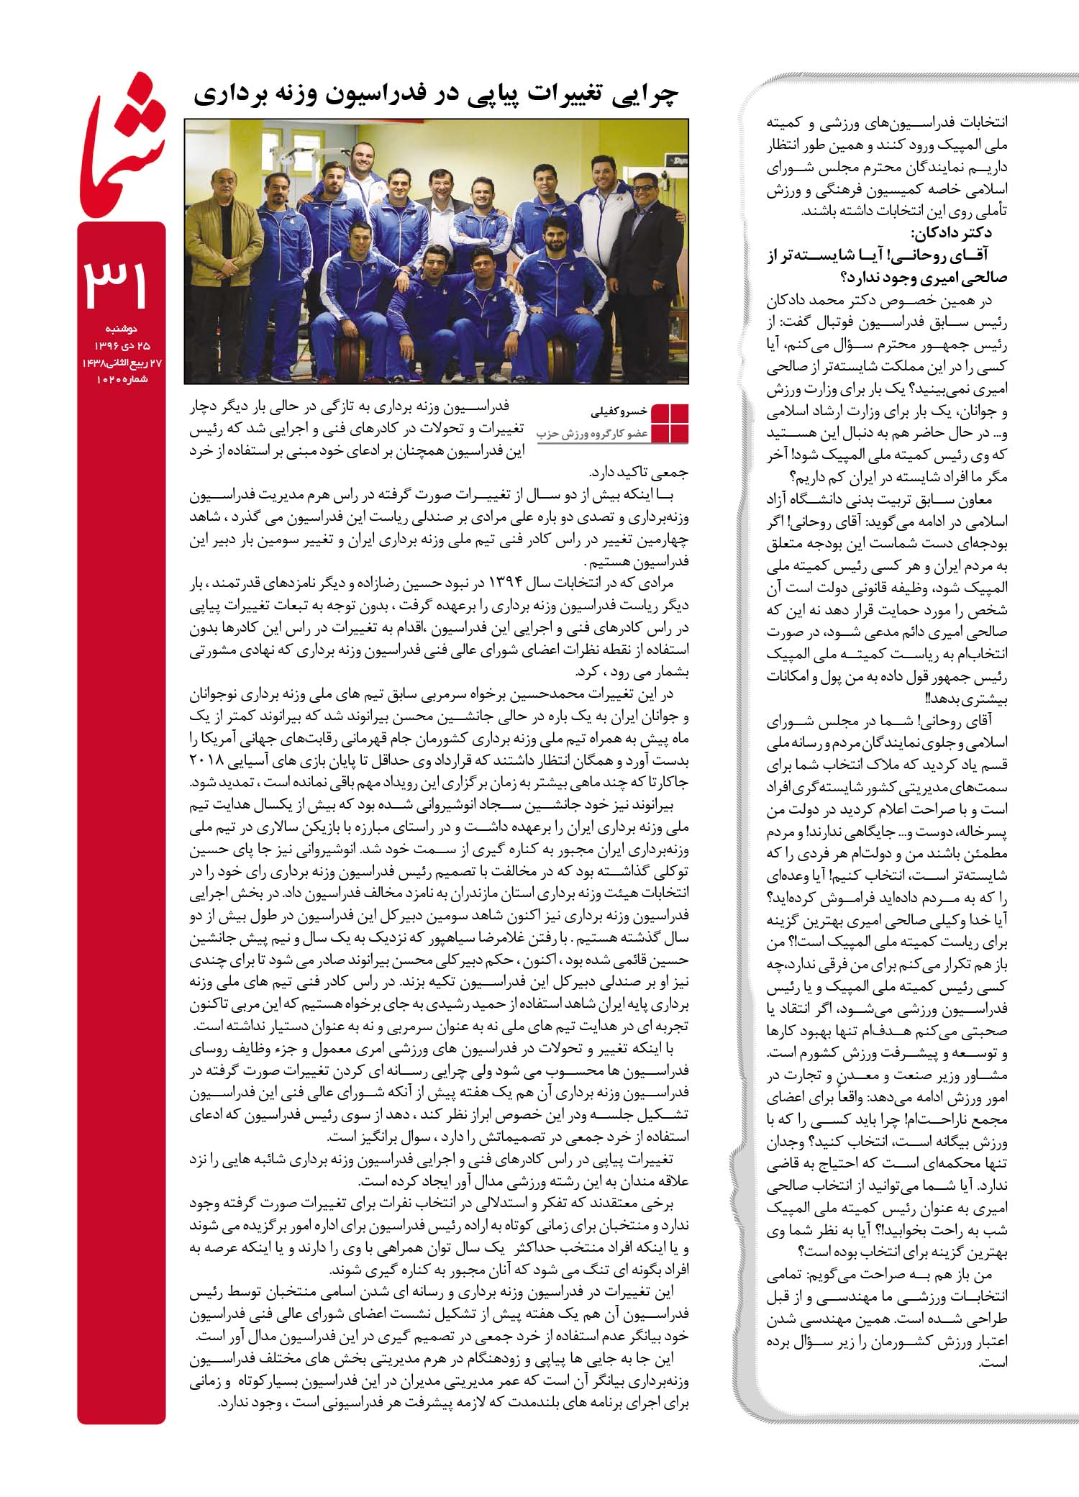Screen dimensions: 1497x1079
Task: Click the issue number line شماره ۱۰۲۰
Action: click(122, 380)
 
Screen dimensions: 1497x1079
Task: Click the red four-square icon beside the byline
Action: click(669, 423)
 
